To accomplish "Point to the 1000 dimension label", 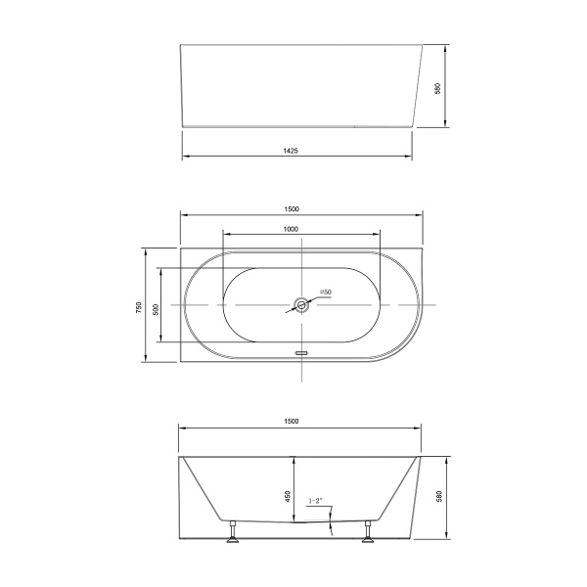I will pos(291,228).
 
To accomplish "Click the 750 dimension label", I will pos(140,306).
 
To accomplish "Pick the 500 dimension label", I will pos(156,306).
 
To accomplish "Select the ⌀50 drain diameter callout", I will pos(326,293).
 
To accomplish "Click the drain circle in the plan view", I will pos(302,305).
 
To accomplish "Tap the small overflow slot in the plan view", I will pos(302,348).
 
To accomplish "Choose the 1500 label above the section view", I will pos(292,421).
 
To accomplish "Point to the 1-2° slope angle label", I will pos(316,501).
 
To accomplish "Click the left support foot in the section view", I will pos(234,532).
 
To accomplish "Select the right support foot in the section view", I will pos(369,532).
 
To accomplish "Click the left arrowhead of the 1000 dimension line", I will pos(225,234).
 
